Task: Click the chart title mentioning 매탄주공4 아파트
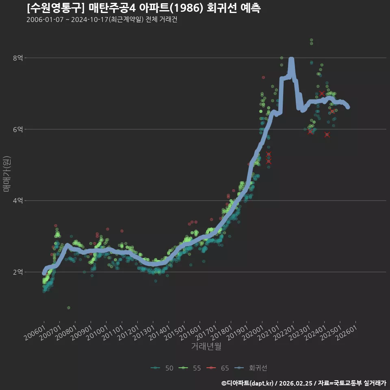click(x=144, y=8)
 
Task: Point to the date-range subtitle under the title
click(x=102, y=19)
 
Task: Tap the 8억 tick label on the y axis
click(x=18, y=58)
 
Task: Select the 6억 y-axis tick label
click(x=18, y=129)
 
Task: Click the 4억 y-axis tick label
click(x=18, y=201)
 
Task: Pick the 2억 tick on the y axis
click(x=18, y=272)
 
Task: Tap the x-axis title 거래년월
click(x=206, y=346)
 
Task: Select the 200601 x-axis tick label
click(x=35, y=333)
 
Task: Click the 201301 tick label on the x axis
click(x=144, y=333)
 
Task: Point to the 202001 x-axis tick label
click(x=253, y=333)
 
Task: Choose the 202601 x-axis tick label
click(x=347, y=333)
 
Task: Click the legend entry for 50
click(x=162, y=368)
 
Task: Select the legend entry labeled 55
click(x=190, y=368)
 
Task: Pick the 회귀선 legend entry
click(x=251, y=368)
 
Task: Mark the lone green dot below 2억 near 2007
click(x=69, y=308)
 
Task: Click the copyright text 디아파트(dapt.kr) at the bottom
click(x=247, y=383)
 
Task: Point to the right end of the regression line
click(x=348, y=107)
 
